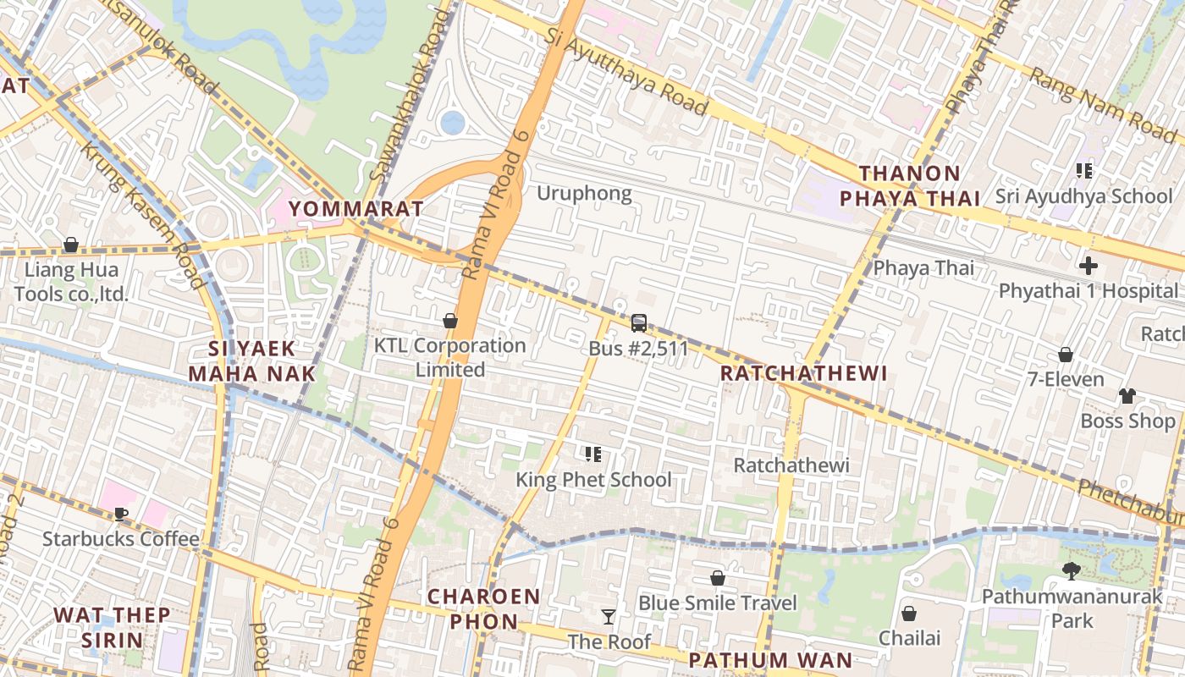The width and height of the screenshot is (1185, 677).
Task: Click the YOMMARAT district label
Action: [355, 208]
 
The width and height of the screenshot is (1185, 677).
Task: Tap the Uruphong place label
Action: [584, 194]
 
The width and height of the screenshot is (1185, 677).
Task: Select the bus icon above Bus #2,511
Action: [639, 322]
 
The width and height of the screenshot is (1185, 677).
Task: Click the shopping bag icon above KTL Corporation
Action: [450, 321]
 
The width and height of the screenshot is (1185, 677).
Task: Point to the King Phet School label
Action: [593, 480]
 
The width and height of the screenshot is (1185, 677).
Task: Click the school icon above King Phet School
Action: [593, 454]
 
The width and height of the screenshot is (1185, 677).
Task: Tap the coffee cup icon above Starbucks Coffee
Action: [121, 514]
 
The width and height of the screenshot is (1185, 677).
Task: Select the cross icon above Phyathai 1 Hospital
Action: [1089, 266]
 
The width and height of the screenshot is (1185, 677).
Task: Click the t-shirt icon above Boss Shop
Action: [1127, 395]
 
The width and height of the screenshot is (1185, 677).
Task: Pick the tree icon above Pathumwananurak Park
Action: [1072, 570]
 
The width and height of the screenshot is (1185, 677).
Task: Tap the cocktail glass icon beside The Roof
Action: [608, 616]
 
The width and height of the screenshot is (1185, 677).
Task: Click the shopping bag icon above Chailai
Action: [909, 613]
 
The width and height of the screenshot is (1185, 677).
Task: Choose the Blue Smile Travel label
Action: [717, 603]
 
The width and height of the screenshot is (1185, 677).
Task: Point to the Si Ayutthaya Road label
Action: [626, 72]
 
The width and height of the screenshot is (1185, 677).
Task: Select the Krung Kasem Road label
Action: [141, 216]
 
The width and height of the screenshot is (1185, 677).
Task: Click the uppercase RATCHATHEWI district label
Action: [803, 373]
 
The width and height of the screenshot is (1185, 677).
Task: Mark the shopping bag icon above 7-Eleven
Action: [1066, 354]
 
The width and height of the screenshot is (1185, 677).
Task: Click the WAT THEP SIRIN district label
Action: [112, 626]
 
